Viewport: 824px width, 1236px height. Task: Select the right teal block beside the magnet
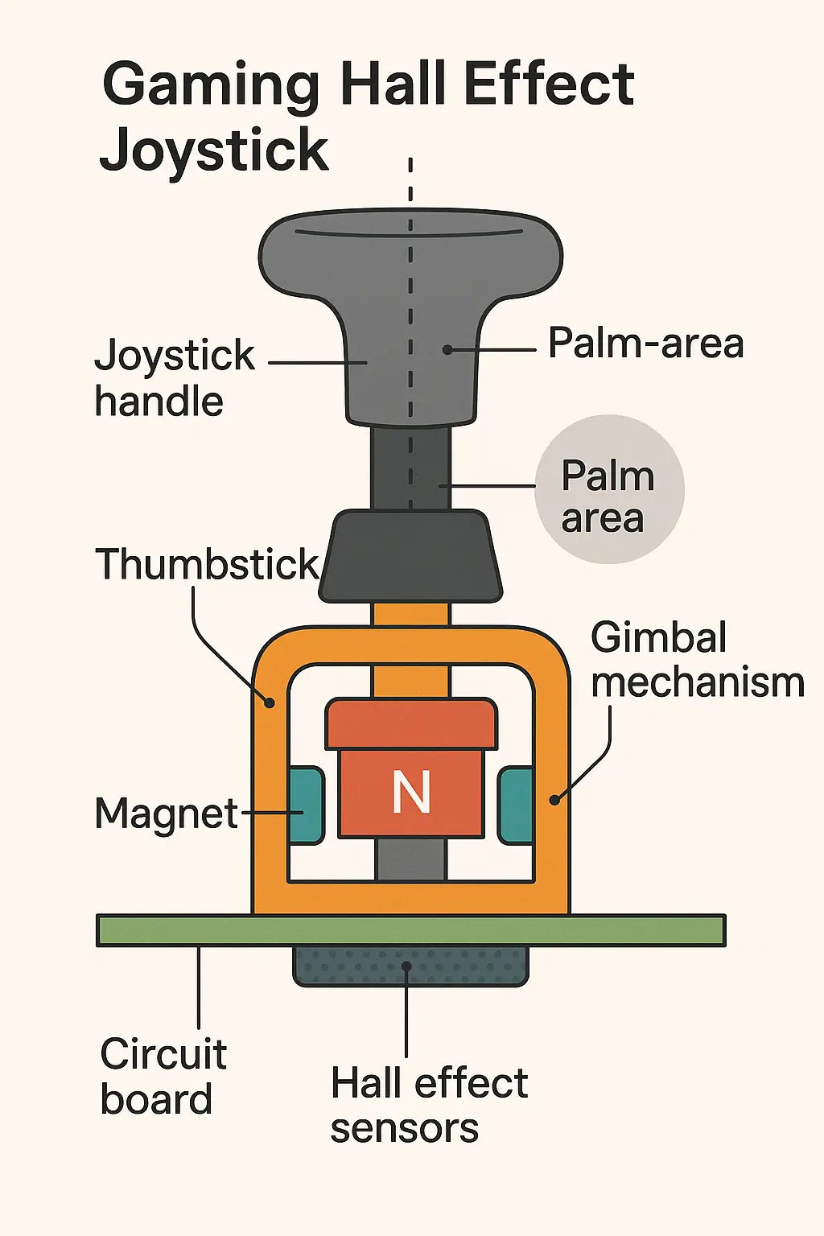click(517, 805)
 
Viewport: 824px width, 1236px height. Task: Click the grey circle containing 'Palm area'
click(609, 489)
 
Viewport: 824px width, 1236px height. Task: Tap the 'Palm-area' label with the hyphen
click(645, 344)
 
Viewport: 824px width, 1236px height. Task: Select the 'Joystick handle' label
click(173, 377)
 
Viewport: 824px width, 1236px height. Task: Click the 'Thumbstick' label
click(207, 564)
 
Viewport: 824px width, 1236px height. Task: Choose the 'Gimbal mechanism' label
click(697, 660)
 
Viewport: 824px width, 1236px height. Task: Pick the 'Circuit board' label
click(163, 1076)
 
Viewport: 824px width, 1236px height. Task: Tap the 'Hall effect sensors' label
click(428, 1105)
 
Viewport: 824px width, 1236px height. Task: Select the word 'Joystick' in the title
click(214, 151)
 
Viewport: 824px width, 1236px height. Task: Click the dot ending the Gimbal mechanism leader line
click(554, 799)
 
